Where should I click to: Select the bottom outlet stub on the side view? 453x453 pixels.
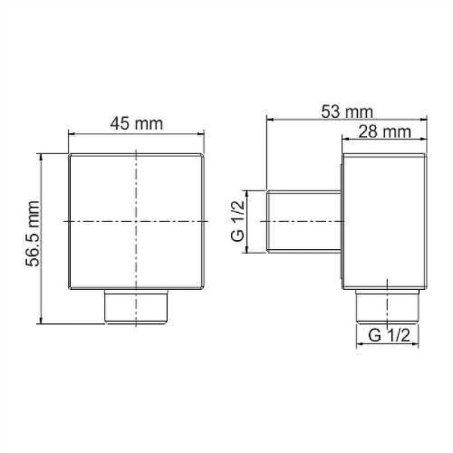[x=388, y=303]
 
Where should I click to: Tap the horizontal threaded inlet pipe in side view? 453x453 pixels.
[x=304, y=222]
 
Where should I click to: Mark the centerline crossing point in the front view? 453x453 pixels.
[x=137, y=220]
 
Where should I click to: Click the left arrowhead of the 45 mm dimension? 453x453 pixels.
[x=72, y=134]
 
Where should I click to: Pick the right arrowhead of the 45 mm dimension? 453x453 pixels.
[x=203, y=134]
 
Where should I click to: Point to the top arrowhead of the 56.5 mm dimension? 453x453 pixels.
[x=43, y=156]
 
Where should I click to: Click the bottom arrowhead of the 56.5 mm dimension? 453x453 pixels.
[x=43, y=321]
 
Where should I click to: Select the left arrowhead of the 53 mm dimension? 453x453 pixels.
[x=270, y=119]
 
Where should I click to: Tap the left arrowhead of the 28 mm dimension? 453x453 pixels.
[x=345, y=140]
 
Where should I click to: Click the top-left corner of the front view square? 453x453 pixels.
[x=69, y=154]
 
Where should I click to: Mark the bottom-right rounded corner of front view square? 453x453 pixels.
[x=204, y=288]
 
